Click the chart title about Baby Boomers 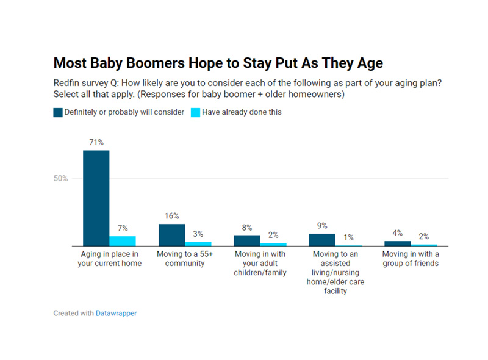click(218, 63)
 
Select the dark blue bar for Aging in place click(96, 198)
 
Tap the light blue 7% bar click(123, 240)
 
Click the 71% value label click(96, 142)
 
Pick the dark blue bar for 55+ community click(171, 234)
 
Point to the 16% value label click(171, 216)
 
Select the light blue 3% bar click(198, 243)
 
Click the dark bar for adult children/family click(247, 240)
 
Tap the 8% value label click(247, 227)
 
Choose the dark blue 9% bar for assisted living click(322, 239)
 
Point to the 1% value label click(348, 237)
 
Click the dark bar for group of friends click(398, 243)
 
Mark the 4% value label click(398, 232)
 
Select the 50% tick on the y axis click(60, 179)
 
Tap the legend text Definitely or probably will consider click(125, 112)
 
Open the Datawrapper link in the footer click(116, 313)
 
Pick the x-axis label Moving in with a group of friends click(411, 259)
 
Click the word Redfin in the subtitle click(65, 83)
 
